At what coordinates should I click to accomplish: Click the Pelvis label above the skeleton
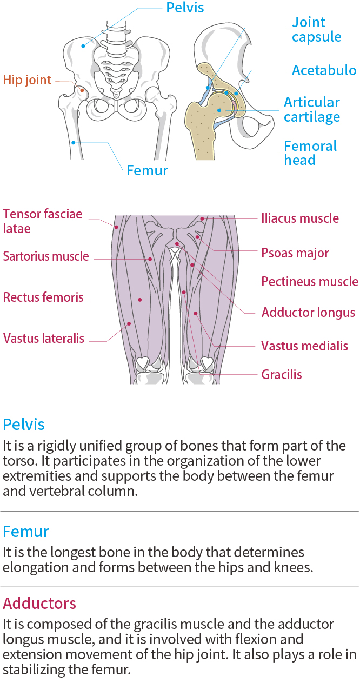185,8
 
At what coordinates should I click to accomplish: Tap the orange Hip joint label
27,81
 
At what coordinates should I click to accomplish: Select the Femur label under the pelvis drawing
147,171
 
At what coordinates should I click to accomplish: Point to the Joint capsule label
316,30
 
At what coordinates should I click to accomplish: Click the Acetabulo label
324,70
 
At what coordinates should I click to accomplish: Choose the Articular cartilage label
312,110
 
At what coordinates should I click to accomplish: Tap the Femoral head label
310,153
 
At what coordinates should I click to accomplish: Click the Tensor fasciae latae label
43,221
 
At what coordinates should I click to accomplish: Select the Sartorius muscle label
45,256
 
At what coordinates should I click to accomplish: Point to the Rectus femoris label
43,297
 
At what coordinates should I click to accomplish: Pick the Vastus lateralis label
44,339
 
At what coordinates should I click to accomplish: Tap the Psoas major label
295,253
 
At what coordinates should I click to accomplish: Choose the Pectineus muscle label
309,282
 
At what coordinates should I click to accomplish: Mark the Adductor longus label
308,313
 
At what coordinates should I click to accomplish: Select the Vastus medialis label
304,346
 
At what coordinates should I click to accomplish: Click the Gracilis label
281,375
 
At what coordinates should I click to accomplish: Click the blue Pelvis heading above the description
23,423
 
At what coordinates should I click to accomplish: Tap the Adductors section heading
39,603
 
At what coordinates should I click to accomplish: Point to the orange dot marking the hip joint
82,90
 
